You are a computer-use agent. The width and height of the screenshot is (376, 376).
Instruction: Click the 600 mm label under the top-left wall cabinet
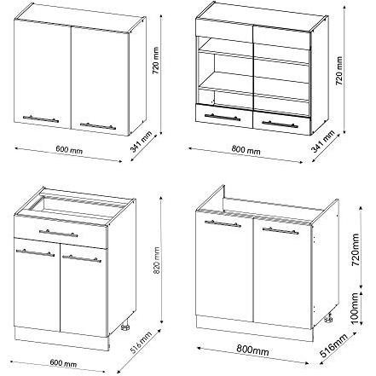coord(69,149)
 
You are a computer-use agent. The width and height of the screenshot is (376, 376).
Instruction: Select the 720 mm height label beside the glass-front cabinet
coord(339,71)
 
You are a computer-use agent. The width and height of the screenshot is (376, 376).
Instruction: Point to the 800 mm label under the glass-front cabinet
coord(246,150)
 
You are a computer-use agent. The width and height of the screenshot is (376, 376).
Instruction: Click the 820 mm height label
coord(156,261)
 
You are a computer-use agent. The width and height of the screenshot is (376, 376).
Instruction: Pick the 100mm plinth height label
coord(355,308)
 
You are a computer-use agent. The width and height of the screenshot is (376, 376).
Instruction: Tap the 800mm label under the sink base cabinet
coord(252,350)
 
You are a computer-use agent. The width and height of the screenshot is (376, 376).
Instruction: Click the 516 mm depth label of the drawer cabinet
coord(141,343)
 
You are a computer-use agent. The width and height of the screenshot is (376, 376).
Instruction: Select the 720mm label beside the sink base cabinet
coord(355,250)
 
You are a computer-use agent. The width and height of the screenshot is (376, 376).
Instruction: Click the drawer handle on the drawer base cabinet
coord(58,233)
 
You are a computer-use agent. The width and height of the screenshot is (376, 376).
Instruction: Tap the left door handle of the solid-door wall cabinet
coord(41,119)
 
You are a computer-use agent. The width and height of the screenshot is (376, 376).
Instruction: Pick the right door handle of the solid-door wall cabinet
coord(98,125)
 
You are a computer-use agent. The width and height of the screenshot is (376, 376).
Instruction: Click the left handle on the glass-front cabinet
coord(223,117)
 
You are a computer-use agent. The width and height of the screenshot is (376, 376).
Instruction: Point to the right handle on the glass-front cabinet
coord(280,124)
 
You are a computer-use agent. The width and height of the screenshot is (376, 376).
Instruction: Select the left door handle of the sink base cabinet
coord(223,223)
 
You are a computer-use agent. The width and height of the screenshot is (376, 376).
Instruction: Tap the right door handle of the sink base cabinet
coord(281,230)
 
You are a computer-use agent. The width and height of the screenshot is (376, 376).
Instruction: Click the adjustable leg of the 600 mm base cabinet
coord(125,327)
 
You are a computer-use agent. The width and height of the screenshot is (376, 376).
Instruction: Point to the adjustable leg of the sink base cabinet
coord(328,317)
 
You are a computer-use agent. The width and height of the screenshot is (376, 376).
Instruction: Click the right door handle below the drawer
coord(82,258)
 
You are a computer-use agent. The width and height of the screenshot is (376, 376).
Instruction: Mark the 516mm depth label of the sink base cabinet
coord(333,345)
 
